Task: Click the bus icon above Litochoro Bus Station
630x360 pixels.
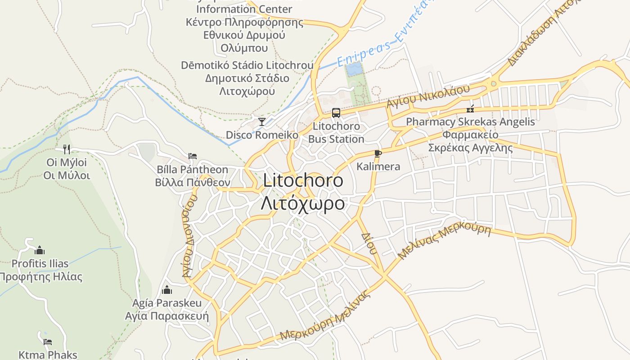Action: [336, 112]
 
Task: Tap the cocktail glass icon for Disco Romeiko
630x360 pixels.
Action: [261, 121]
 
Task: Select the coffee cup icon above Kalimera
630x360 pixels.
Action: [378, 153]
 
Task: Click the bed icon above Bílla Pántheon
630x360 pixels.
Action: [193, 156]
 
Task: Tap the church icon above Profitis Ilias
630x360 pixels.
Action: [40, 250]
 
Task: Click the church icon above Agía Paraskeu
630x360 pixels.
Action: [167, 289]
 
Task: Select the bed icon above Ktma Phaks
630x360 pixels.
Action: [48, 342]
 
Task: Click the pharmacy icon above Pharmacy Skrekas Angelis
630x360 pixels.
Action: [470, 108]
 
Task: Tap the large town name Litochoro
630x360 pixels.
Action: [303, 180]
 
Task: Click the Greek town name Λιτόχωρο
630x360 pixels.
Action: [303, 203]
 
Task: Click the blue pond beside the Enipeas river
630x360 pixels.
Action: [354, 69]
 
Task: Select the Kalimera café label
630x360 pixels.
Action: [378, 166]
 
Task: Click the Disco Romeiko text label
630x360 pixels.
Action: [262, 135]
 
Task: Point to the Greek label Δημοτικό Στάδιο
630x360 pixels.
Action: [247, 78]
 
